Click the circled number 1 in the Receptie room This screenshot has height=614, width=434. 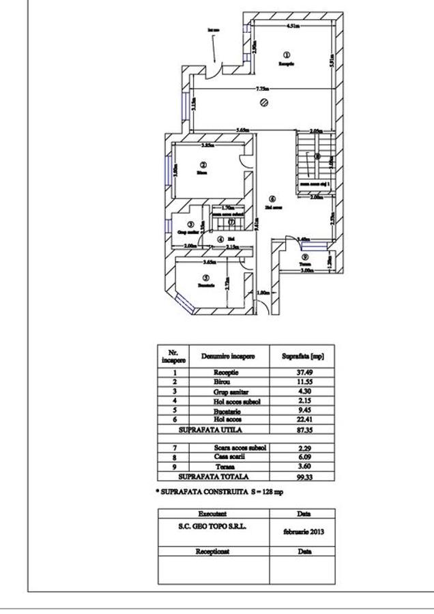287,55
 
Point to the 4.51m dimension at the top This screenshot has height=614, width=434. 293,27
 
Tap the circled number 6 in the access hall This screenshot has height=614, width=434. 272,199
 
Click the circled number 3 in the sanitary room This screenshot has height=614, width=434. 190,224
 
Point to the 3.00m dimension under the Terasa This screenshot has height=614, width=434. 307,270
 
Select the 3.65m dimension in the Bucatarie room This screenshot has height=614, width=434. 209,261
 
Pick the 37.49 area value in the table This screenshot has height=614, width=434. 302,373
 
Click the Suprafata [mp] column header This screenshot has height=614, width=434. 302,356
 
